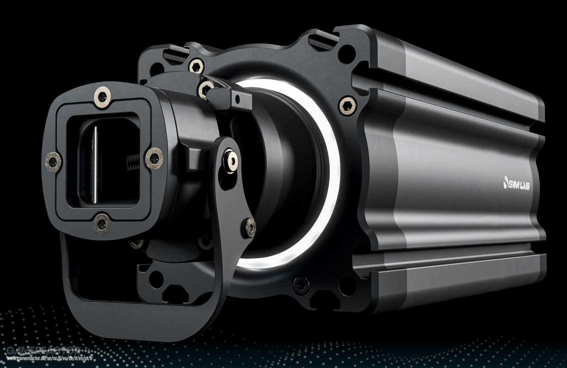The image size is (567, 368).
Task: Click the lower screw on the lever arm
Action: [x=250, y=227]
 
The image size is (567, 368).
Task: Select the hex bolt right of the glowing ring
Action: [x=348, y=105]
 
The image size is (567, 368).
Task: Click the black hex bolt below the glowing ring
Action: [x=301, y=286]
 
